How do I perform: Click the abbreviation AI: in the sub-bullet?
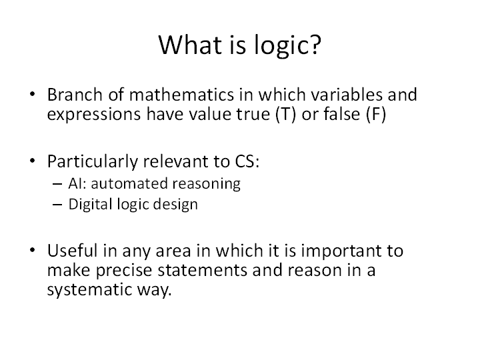click(77, 183)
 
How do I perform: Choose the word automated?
click(125, 183)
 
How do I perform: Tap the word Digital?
click(87, 205)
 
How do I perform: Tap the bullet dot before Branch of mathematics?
click(33, 95)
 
